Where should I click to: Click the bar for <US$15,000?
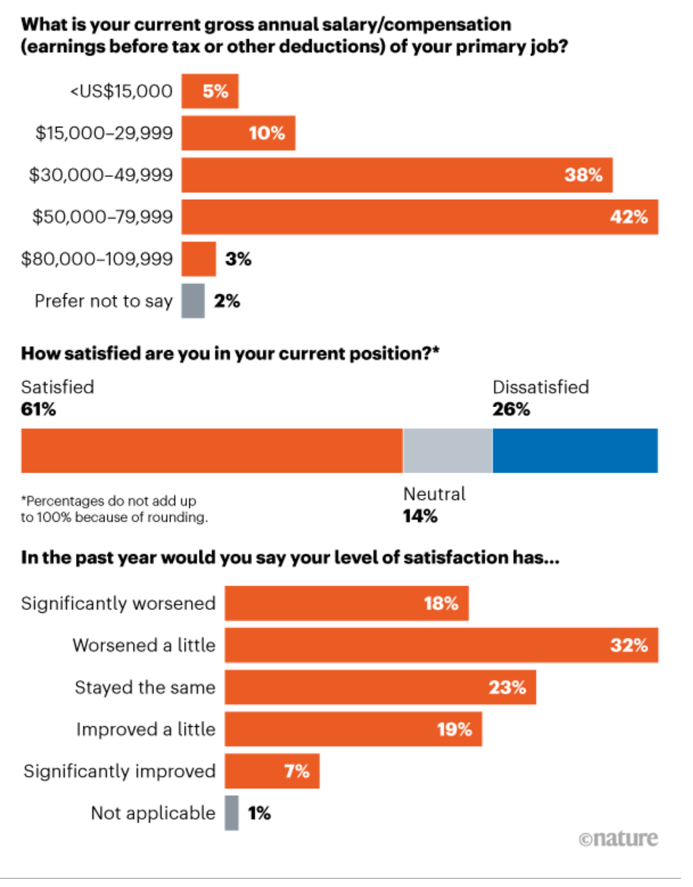pyautogui.click(x=210, y=92)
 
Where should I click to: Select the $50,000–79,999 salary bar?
pyautogui.click(x=420, y=217)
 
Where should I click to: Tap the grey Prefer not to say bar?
pyautogui.click(x=194, y=301)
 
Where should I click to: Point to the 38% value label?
pyautogui.click(x=583, y=175)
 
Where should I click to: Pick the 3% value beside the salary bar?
pyautogui.click(x=238, y=259)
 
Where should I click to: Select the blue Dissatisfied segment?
pyautogui.click(x=575, y=451)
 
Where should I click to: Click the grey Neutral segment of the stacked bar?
pyautogui.click(x=447, y=451)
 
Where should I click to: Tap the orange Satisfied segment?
pyautogui.click(x=211, y=451)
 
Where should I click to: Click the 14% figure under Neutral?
pyautogui.click(x=421, y=517)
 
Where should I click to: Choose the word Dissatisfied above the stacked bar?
pyautogui.click(x=540, y=387)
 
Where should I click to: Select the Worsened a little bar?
pyautogui.click(x=441, y=646)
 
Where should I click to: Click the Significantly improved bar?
pyautogui.click(x=272, y=772)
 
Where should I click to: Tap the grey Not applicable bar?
pyautogui.click(x=232, y=813)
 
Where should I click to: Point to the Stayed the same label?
pyautogui.click(x=145, y=688)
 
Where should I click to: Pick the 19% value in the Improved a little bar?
pyautogui.click(x=454, y=730)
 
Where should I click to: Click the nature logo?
pyautogui.click(x=618, y=839)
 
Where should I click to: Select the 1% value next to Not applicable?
pyautogui.click(x=259, y=813)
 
